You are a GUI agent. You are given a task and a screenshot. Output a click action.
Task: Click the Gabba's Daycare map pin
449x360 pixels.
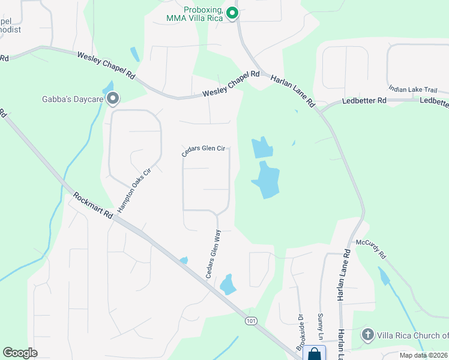click(x=112, y=99)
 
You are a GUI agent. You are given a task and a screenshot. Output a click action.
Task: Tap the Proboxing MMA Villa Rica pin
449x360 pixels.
click(x=233, y=13)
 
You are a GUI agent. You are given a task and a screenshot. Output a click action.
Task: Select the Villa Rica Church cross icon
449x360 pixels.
click(x=368, y=334)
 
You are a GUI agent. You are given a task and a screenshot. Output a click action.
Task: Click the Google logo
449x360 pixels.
click(x=20, y=353)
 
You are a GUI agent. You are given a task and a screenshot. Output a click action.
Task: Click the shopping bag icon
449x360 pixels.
click(x=314, y=354)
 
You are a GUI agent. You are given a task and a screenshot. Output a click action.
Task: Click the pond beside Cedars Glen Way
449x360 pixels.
click(x=228, y=284)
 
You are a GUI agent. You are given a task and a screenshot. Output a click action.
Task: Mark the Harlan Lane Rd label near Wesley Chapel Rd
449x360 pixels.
click(x=293, y=91)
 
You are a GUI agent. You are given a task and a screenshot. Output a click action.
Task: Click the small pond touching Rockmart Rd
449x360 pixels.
click(x=184, y=260)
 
